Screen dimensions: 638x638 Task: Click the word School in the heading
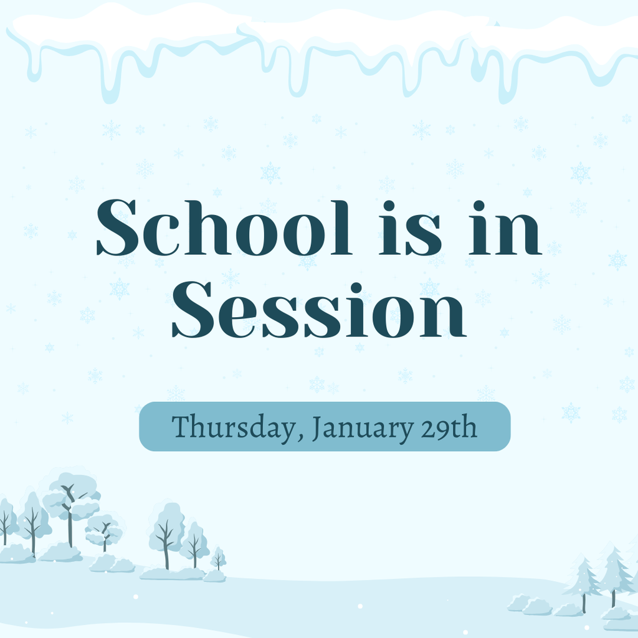(224, 228)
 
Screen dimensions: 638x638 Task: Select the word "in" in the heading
(505, 228)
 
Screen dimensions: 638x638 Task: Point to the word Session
(318, 310)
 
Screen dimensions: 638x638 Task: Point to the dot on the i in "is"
(389, 205)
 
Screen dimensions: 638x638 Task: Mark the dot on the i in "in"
(478, 205)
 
